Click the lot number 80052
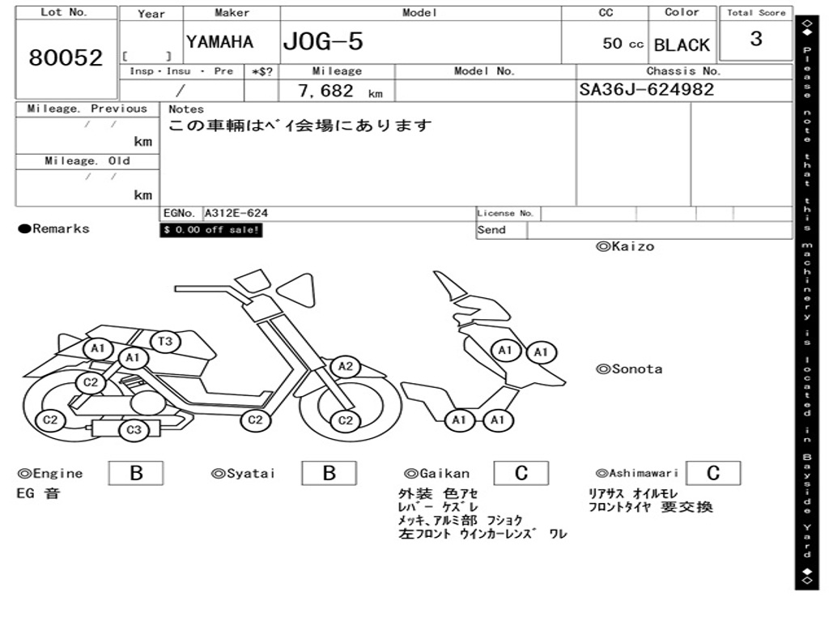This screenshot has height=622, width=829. (66, 58)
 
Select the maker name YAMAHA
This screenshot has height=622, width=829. (219, 42)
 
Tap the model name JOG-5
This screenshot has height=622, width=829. (323, 42)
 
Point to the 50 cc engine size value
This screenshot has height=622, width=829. (622, 44)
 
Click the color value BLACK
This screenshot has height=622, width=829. (682, 45)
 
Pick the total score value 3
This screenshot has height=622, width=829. (755, 39)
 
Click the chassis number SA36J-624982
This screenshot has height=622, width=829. (647, 89)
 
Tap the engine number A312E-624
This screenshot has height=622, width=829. (236, 214)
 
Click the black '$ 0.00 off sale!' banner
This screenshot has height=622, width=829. (211, 230)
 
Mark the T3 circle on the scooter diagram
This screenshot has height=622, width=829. (164, 342)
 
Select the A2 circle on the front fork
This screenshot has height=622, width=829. (346, 367)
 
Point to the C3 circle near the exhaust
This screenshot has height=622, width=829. (134, 430)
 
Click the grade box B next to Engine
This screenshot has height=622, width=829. (136, 473)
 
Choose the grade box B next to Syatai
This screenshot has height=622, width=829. (329, 473)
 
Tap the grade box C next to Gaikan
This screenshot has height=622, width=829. (521, 473)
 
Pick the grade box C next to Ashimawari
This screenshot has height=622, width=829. (712, 473)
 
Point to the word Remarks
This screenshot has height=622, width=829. (61, 229)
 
